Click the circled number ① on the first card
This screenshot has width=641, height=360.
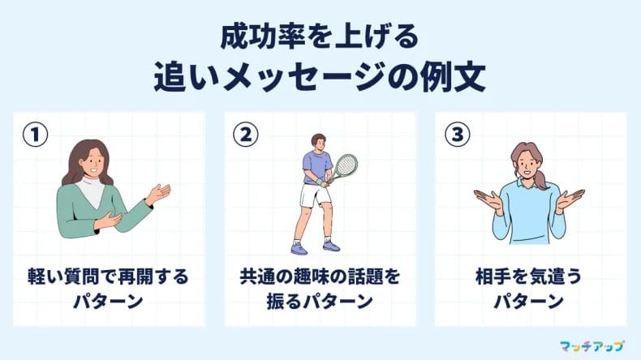coord(31,135)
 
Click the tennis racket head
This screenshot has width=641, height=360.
coord(346,166)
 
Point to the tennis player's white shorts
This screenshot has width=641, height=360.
coord(312,195)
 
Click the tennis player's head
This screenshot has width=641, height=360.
coord(317,143)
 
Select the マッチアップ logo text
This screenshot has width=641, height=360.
coord(593,345)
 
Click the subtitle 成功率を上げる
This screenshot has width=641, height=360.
coord(320,37)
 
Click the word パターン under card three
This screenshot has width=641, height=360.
coord(529,302)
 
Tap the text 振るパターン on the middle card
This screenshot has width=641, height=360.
coord(320,302)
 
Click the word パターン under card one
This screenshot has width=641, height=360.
coord(107,302)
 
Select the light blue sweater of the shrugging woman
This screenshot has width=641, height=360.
coord(528,215)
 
